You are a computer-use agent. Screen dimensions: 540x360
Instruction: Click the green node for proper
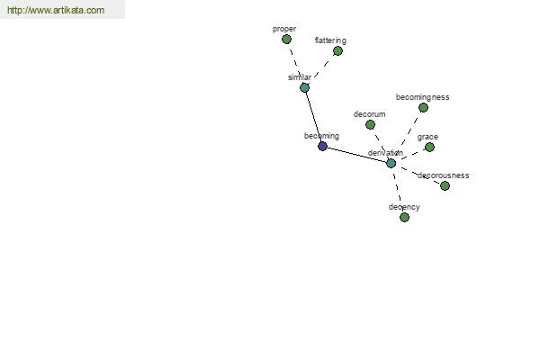coord(286,40)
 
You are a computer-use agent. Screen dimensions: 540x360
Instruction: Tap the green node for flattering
coord(337,51)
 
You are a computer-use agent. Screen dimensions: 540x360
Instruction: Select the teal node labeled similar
coord(304,88)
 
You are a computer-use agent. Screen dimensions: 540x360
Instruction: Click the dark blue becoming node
coord(322,147)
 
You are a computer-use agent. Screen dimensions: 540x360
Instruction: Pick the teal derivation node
coord(391,163)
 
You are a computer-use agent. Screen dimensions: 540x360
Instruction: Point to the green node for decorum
coord(370,125)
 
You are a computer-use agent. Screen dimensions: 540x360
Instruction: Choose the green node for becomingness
coord(423,108)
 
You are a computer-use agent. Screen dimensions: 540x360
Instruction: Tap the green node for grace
coord(429,148)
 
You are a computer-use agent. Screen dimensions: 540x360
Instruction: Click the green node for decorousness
coord(445,186)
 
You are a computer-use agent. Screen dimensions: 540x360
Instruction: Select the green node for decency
coord(404,218)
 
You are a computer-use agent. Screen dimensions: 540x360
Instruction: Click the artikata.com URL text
coord(56,10)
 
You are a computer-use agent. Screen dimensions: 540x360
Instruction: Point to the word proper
coord(284,30)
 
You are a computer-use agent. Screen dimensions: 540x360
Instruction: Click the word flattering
coord(330,40)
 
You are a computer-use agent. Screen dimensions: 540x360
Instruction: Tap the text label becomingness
coord(423,97)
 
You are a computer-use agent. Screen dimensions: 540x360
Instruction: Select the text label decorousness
coord(443,175)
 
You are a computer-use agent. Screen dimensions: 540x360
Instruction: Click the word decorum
coord(370,114)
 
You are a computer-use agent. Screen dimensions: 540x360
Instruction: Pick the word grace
coord(427,138)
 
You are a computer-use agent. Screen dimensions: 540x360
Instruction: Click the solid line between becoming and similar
coord(313,117)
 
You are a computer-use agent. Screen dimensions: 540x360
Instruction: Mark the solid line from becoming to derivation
coord(356,155)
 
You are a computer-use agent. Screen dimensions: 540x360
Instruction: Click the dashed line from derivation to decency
coord(398,189)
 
